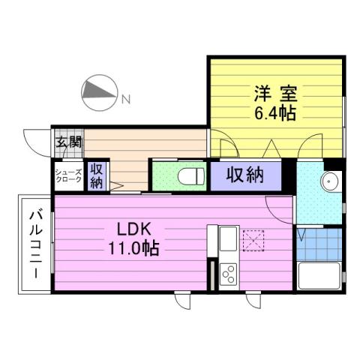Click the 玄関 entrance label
click(x=67, y=141)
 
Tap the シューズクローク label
click(x=67, y=178)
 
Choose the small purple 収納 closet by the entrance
click(x=97, y=177)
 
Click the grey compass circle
click(x=97, y=92)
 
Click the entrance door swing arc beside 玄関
click(x=36, y=140)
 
